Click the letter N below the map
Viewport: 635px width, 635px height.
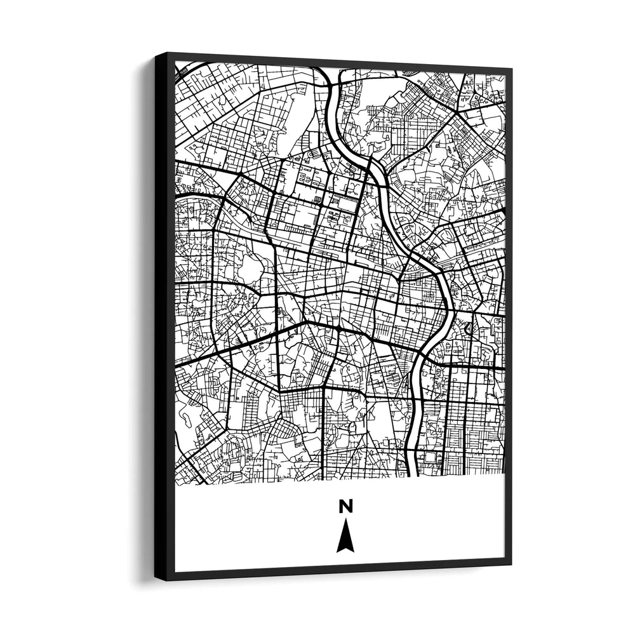(x=345, y=506)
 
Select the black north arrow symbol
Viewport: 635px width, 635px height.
(x=345, y=537)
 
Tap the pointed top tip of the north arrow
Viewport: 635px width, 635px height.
(x=345, y=520)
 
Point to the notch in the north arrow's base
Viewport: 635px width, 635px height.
(x=345, y=547)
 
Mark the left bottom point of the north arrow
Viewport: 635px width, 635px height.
(x=337, y=551)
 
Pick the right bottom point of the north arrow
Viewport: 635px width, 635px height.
(x=353, y=551)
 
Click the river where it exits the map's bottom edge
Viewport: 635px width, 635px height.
(x=411, y=473)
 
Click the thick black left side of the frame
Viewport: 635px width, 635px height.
(x=164, y=317)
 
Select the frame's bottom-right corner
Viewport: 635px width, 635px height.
(x=511, y=564)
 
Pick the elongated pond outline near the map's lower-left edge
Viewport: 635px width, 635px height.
(x=188, y=416)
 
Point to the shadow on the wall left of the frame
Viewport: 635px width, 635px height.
(x=143, y=317)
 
